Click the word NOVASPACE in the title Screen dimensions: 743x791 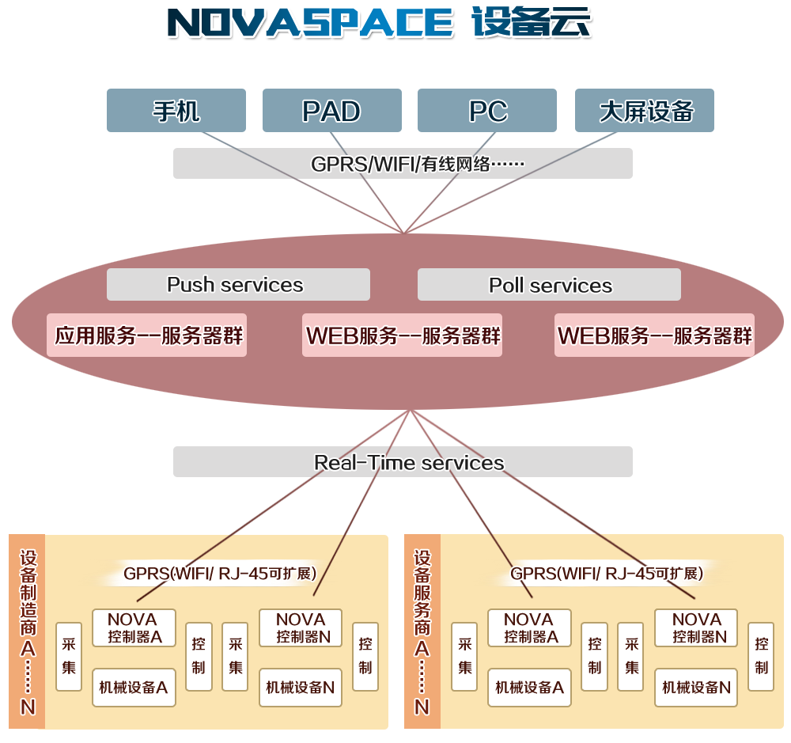click(x=311, y=24)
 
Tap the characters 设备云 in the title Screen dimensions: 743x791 click(x=532, y=24)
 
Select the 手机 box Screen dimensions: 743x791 click(x=176, y=111)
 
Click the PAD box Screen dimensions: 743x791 click(x=331, y=111)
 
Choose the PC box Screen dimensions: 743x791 click(x=487, y=111)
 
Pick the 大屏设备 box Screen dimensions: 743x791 click(x=645, y=111)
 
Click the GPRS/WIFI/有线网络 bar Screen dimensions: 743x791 click(x=403, y=164)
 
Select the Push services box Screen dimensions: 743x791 click(x=238, y=285)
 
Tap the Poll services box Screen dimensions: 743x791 click(x=549, y=285)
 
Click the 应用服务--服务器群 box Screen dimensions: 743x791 click(x=147, y=335)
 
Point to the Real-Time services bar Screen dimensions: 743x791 click(x=403, y=462)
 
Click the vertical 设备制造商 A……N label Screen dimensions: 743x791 click(x=28, y=631)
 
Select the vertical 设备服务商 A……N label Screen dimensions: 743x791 click(x=422, y=631)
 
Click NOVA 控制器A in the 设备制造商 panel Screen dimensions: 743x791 click(x=133, y=627)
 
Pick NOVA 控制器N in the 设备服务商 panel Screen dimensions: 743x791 click(x=696, y=627)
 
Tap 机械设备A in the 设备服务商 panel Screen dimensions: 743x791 click(x=528, y=687)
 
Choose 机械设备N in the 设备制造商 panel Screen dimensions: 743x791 click(x=300, y=687)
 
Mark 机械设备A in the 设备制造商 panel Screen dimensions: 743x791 click(x=133, y=687)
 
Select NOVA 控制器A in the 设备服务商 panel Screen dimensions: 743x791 click(x=528, y=627)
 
